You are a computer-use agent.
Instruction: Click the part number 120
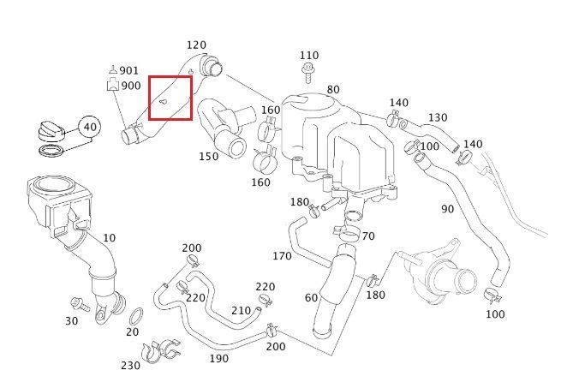point(196,45)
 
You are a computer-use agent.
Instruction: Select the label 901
point(129,70)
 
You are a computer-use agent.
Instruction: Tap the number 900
point(130,86)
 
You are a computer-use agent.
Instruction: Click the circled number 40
point(90,128)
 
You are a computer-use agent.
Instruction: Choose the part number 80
point(332,89)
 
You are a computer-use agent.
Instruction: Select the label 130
point(437,117)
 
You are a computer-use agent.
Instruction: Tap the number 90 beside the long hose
point(447,208)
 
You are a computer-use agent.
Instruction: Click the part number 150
point(208,157)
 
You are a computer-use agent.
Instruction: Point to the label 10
point(109,236)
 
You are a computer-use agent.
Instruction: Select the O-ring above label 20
point(135,311)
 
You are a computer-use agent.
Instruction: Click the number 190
point(218,358)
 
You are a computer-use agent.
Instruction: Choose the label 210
point(242,309)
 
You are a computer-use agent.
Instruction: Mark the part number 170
point(282,255)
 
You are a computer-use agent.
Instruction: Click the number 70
point(367,236)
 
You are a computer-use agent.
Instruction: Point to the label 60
point(311,297)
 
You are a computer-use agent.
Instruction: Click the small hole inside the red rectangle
point(164,99)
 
